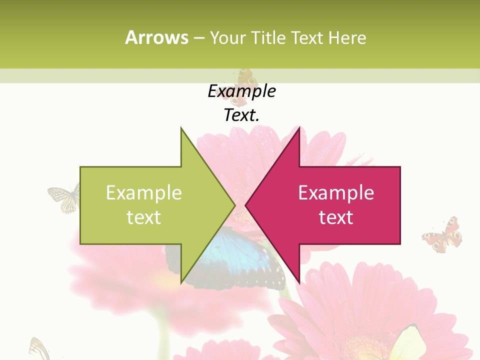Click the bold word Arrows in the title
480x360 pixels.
tap(157, 37)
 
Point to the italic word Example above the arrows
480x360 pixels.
tap(241, 91)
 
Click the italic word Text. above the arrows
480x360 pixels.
tap(241, 115)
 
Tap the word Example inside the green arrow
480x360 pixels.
tap(144, 193)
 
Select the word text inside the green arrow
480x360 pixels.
tap(144, 217)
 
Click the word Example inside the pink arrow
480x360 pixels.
tap(336, 193)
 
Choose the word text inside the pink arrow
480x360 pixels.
tap(336, 217)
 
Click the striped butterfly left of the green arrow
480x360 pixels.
tap(63, 197)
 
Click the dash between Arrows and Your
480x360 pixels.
tap(198, 38)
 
